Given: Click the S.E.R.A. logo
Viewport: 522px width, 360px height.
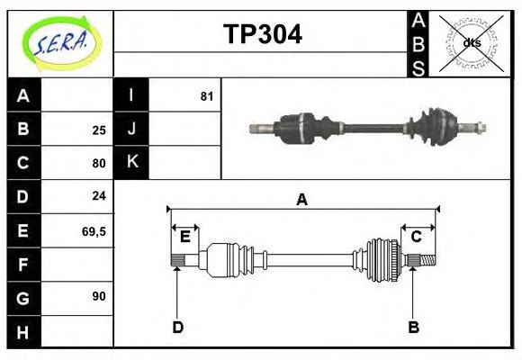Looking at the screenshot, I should click(x=60, y=41).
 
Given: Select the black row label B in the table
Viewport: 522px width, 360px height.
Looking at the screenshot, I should click(x=23, y=129).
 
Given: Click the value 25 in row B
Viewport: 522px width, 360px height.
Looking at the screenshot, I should click(x=99, y=130).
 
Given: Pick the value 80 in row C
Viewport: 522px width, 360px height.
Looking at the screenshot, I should click(x=99, y=164).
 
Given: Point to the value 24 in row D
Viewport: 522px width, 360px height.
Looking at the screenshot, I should click(x=99, y=195).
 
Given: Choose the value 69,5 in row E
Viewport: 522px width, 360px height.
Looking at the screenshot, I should click(x=94, y=231).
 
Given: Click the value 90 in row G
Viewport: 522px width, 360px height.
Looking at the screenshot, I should click(x=99, y=296).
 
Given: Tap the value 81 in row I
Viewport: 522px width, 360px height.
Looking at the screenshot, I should click(x=206, y=95).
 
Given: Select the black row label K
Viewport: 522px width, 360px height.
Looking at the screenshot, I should click(x=131, y=163).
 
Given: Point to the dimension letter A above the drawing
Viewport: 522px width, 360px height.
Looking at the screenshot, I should click(x=302, y=200).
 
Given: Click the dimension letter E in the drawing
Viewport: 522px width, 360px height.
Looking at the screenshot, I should click(x=184, y=237).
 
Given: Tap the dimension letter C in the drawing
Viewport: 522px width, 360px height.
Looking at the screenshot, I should click(x=417, y=237).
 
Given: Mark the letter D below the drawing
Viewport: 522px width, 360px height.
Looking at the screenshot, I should click(x=177, y=327).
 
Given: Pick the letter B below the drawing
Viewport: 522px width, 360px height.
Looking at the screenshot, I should click(x=414, y=327).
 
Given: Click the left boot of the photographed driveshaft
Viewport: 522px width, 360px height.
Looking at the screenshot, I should click(x=296, y=126).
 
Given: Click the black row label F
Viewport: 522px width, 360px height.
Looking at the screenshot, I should click(x=23, y=265).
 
